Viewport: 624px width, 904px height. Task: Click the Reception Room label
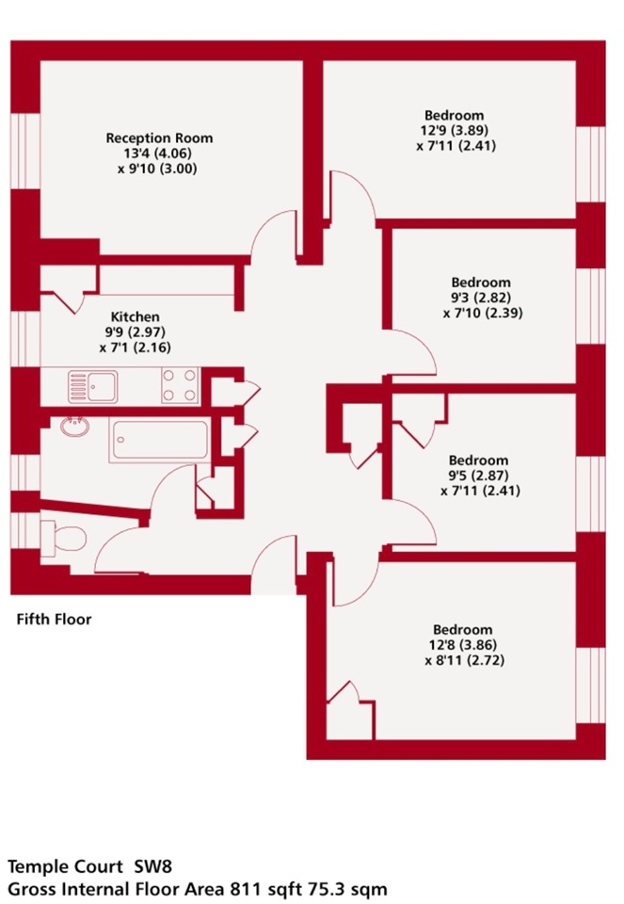coord(159,137)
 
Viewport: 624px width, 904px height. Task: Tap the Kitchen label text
coord(136,316)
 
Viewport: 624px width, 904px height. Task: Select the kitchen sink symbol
coord(91,386)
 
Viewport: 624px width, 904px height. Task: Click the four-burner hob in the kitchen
coord(180,385)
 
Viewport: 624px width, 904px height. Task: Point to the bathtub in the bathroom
coord(159,440)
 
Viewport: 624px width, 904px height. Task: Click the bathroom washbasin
coord(72,427)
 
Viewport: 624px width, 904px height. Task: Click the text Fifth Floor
coord(55,620)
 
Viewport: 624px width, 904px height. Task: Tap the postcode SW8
coord(150,865)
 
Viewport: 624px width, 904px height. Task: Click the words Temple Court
coord(61,865)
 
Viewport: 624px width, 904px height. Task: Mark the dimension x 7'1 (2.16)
coord(135,347)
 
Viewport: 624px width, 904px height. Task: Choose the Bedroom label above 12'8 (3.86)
coord(462,629)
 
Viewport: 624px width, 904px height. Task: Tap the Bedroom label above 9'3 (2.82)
coord(481,282)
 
